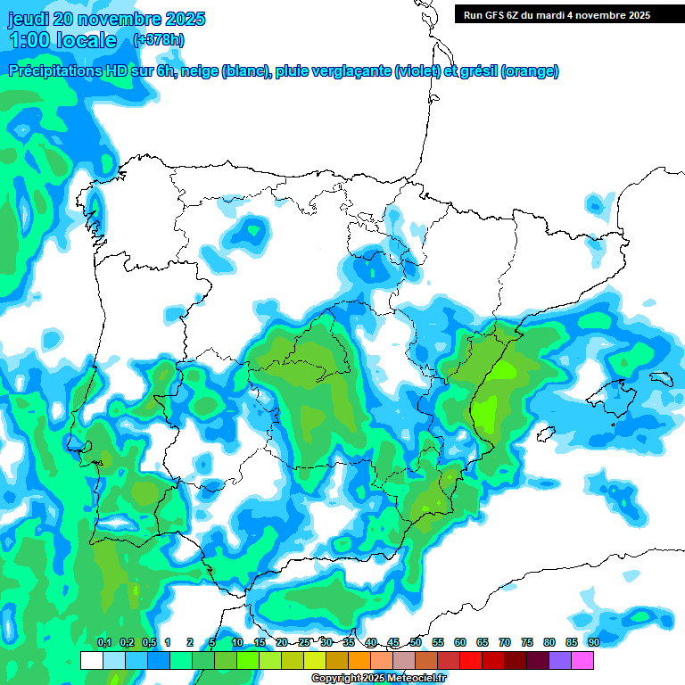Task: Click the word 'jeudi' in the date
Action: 29,19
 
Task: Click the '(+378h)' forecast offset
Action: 158,40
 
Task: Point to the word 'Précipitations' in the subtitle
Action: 54,71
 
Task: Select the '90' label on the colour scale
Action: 593,642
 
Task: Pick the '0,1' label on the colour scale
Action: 103,642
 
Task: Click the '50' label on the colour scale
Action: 416,642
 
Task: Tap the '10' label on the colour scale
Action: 237,642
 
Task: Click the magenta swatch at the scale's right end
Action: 582,660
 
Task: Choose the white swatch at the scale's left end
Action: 91,660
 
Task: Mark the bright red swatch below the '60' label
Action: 471,660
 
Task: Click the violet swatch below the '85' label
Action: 560,660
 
